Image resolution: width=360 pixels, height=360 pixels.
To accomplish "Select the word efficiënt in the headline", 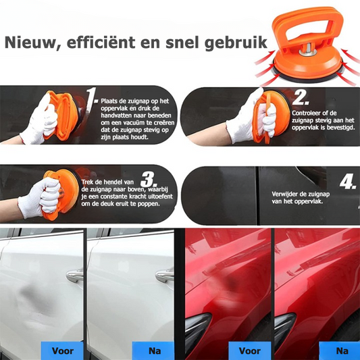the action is point(101,42).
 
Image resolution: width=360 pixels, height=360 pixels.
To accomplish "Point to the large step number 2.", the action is point(301,97).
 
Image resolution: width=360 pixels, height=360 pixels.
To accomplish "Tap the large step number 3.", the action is point(149,179).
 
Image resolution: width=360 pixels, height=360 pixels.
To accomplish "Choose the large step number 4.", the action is point(348,182).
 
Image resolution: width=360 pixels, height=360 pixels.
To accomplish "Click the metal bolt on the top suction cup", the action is point(308,50).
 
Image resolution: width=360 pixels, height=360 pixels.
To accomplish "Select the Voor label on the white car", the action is point(62,351).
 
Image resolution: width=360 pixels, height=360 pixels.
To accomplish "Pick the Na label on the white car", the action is point(155,351).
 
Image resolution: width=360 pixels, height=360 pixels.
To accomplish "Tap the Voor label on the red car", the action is point(250,351).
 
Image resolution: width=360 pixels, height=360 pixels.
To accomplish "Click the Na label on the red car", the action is point(342,351).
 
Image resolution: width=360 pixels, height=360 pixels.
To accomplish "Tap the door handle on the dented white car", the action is point(75,275).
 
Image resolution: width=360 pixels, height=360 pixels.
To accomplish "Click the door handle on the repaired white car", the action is point(164,275).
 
